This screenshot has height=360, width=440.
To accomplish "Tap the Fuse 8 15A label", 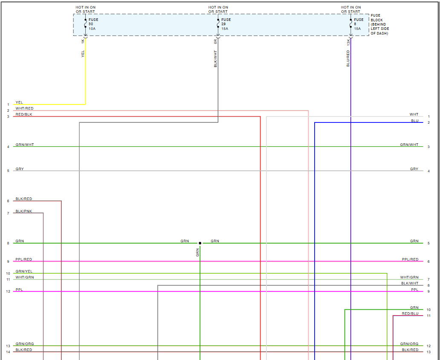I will (359, 24).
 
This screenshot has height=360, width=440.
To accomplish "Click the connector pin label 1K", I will (83, 41).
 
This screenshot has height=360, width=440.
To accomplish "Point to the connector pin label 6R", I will (216, 41).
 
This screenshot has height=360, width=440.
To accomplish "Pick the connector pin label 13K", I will (348, 42).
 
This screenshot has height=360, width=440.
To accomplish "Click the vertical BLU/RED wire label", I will (348, 58).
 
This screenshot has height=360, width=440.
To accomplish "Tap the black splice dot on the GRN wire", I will (200, 243).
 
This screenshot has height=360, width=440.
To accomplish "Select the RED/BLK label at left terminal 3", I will (24, 115).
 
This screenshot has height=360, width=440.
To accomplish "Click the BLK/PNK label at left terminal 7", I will (24, 211).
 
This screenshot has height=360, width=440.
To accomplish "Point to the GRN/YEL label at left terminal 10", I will (24, 271).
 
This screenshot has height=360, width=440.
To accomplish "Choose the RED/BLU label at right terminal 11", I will (410, 314).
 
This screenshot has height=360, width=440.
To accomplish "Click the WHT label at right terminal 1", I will (414, 114).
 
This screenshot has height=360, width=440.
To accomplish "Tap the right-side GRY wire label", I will (414, 169).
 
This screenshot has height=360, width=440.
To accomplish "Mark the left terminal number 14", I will (8, 352).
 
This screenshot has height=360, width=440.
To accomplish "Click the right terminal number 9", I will (428, 291).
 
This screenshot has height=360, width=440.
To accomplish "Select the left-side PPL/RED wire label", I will (24, 259).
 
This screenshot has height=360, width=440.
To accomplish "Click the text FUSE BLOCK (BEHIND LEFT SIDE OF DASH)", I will (379, 24).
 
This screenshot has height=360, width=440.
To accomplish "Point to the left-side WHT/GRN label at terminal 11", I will (25, 277).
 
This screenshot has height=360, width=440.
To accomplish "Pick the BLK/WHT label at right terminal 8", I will (410, 283).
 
